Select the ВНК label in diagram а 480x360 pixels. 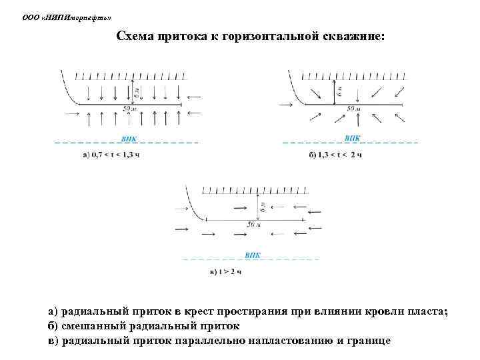coord(129,139)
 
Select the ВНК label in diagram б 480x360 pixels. coord(352,139)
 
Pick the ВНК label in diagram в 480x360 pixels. coord(253,255)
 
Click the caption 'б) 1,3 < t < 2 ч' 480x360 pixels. coord(335,155)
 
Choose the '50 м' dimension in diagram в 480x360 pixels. coord(253,225)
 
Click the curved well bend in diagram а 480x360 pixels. coord(69,93)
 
